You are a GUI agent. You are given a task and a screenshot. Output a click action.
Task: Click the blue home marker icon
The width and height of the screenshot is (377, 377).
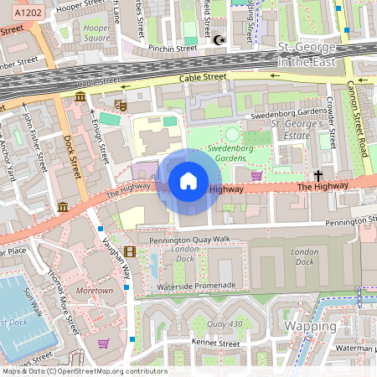(x=188, y=181)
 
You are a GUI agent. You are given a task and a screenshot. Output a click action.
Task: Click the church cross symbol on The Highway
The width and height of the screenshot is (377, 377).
(x=318, y=176)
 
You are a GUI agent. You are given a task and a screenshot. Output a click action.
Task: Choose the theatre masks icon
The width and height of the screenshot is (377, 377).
(x=120, y=106)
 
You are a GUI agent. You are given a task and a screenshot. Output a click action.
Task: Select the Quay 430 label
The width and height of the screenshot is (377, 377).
(x=225, y=324)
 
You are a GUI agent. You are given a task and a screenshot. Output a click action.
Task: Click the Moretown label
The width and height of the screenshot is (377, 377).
(x=94, y=291)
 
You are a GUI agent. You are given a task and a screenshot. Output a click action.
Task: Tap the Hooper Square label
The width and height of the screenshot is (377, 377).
(x=97, y=32)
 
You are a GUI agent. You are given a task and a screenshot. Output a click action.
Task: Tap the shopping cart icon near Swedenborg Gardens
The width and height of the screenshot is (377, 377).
(x=256, y=175)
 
